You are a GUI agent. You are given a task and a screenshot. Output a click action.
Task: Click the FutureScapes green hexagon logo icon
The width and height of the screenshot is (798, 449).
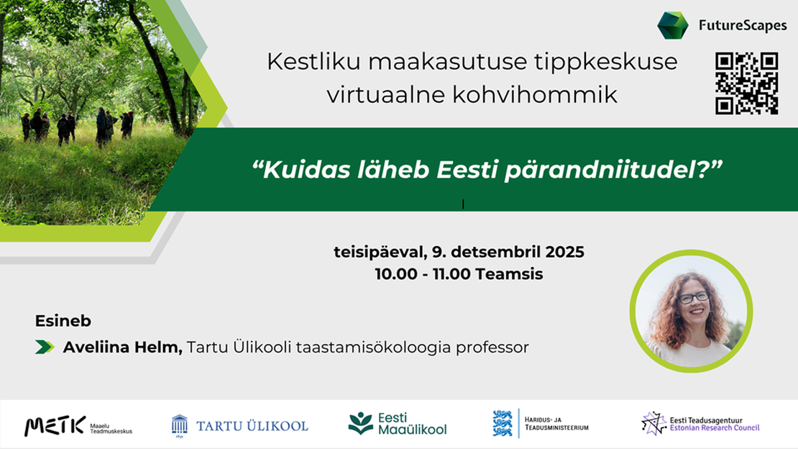(672, 25)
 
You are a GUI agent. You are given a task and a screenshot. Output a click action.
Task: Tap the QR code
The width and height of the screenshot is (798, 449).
(746, 83)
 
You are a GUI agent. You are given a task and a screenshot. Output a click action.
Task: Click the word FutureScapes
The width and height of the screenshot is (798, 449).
(743, 26)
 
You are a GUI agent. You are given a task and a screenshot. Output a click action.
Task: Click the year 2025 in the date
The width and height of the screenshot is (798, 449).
(564, 253)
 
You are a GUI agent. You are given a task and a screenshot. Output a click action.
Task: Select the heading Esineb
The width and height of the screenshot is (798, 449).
(63, 321)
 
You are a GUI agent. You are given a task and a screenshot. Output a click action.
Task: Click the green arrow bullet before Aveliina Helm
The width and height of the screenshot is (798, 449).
(45, 348)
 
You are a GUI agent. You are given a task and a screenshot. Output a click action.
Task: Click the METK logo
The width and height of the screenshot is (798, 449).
(78, 425)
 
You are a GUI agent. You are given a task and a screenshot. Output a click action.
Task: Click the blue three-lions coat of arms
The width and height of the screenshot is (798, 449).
(503, 424)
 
